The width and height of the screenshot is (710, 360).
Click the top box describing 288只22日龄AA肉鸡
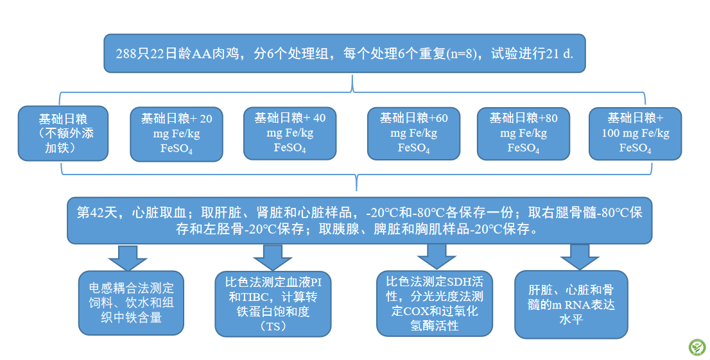tap(345, 53)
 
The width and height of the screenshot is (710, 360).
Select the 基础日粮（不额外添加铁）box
tap(63, 133)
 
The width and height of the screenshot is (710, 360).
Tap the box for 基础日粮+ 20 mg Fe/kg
tap(177, 134)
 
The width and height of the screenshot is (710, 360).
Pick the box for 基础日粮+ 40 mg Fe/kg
tap(290, 133)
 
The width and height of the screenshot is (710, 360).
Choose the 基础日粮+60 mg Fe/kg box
tap(413, 133)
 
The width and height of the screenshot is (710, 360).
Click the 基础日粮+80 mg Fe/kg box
tap(523, 133)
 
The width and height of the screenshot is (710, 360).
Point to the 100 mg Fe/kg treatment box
tap(636, 133)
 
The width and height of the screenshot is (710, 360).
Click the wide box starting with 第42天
tap(359, 221)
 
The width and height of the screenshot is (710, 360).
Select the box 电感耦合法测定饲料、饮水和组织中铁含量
tap(132, 303)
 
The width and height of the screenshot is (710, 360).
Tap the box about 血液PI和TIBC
tap(273, 304)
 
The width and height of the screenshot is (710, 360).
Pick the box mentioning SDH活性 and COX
tap(435, 304)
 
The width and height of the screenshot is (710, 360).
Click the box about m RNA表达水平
tap(571, 304)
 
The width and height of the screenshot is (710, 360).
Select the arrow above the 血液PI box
tap(273, 258)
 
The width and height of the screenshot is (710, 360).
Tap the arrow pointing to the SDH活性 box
tap(437, 257)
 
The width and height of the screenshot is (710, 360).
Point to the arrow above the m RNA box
tap(580, 257)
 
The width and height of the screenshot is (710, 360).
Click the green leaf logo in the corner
tap(697, 347)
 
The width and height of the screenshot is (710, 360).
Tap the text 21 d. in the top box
tap(560, 54)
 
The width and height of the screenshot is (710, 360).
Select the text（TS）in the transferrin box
tap(273, 325)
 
